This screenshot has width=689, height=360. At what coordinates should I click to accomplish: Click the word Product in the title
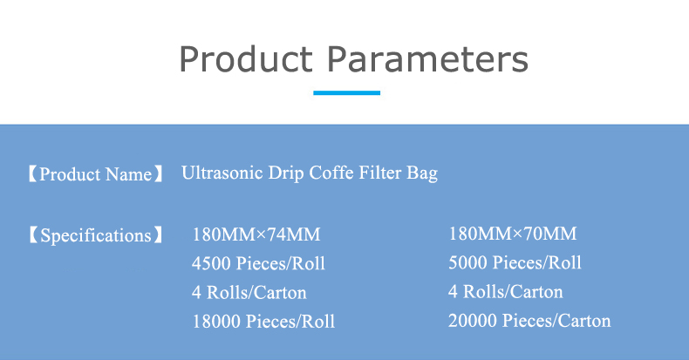coord(246,58)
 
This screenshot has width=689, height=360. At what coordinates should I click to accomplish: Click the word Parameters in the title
coord(427,58)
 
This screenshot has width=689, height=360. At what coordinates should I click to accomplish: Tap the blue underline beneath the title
coord(347,92)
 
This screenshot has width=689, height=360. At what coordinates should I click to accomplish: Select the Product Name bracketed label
coord(95,174)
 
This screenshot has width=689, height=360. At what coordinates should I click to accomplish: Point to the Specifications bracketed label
coord(95,235)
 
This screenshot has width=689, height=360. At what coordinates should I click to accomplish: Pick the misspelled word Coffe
coord(331,173)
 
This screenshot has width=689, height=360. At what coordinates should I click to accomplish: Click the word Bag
coord(422,173)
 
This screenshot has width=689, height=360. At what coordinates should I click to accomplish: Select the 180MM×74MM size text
coord(256,234)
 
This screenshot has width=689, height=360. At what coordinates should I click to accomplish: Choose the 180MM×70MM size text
coord(513,234)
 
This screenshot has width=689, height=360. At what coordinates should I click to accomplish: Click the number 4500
coord(211,263)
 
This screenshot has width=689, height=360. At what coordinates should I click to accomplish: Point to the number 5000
coord(467,262)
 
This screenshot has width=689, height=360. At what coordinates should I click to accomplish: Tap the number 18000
coord(216,322)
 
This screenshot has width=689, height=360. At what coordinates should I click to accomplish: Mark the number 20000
coord(473,321)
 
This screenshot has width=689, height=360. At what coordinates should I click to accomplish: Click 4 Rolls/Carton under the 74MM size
coord(249,292)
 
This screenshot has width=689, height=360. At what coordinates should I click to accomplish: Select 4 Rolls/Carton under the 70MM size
coord(505,291)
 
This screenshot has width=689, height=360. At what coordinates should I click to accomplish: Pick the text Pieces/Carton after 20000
coord(556,321)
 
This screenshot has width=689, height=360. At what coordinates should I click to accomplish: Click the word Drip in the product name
coord(285,173)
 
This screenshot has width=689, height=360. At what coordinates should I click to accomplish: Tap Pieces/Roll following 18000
coord(290,322)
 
